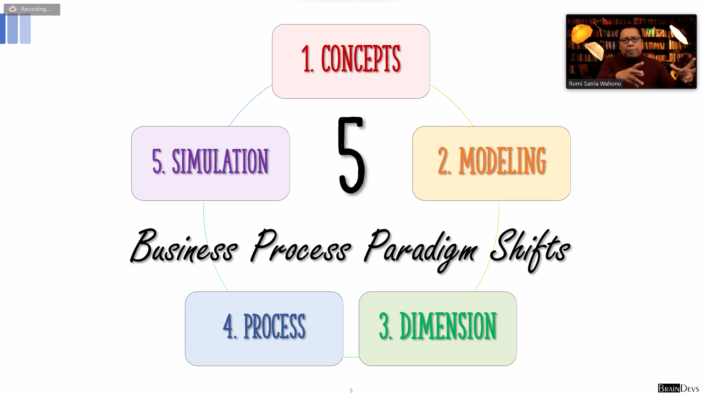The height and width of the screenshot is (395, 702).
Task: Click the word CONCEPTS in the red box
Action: [x=361, y=59]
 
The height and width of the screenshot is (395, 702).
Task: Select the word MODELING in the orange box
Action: [x=502, y=161]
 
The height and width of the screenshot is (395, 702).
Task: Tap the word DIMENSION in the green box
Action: [x=448, y=326]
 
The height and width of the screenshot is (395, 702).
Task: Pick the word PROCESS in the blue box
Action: [x=274, y=326]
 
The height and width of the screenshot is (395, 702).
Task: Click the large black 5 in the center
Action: [x=351, y=155]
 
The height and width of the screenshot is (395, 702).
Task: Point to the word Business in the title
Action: [x=184, y=247]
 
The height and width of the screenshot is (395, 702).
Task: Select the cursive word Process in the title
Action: [x=301, y=247]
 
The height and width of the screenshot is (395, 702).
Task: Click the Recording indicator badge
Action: [x=32, y=9]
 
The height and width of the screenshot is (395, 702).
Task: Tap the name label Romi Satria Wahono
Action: [x=595, y=84]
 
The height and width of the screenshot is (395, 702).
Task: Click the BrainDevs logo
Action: [x=678, y=388]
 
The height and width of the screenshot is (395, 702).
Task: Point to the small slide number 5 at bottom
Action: [x=351, y=391]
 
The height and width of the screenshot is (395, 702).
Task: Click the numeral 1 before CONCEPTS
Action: [x=306, y=59]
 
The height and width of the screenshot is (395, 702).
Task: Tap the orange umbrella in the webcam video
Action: [x=581, y=33]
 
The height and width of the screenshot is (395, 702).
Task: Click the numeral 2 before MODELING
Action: [x=444, y=161]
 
